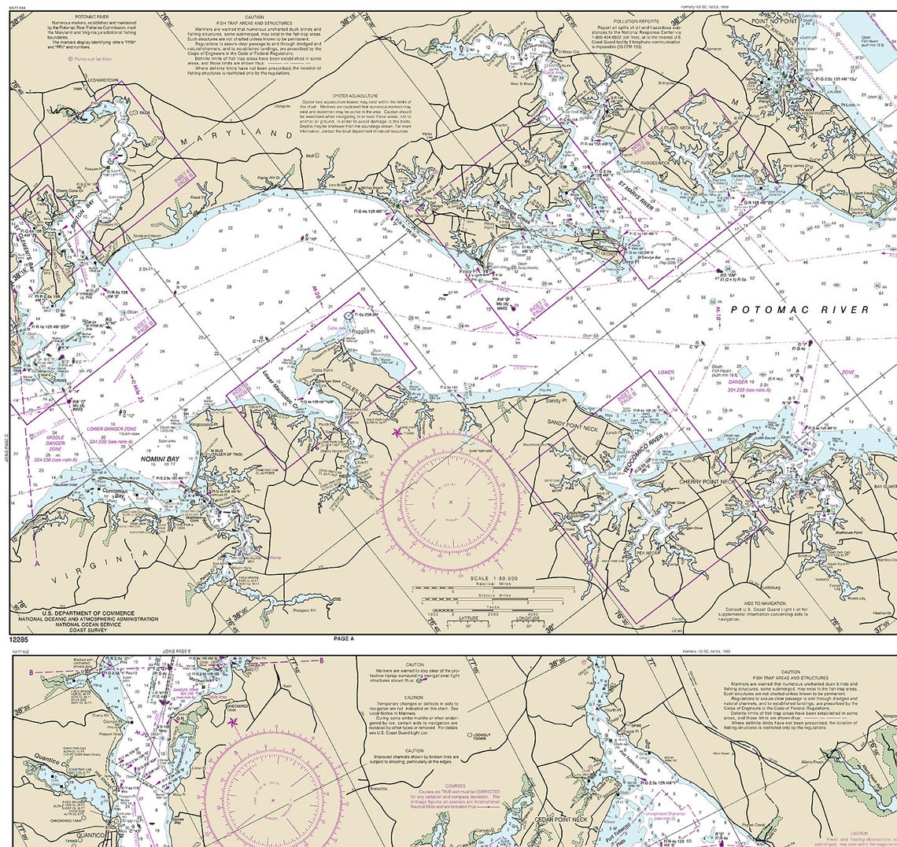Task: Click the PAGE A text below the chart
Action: click(345, 639)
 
